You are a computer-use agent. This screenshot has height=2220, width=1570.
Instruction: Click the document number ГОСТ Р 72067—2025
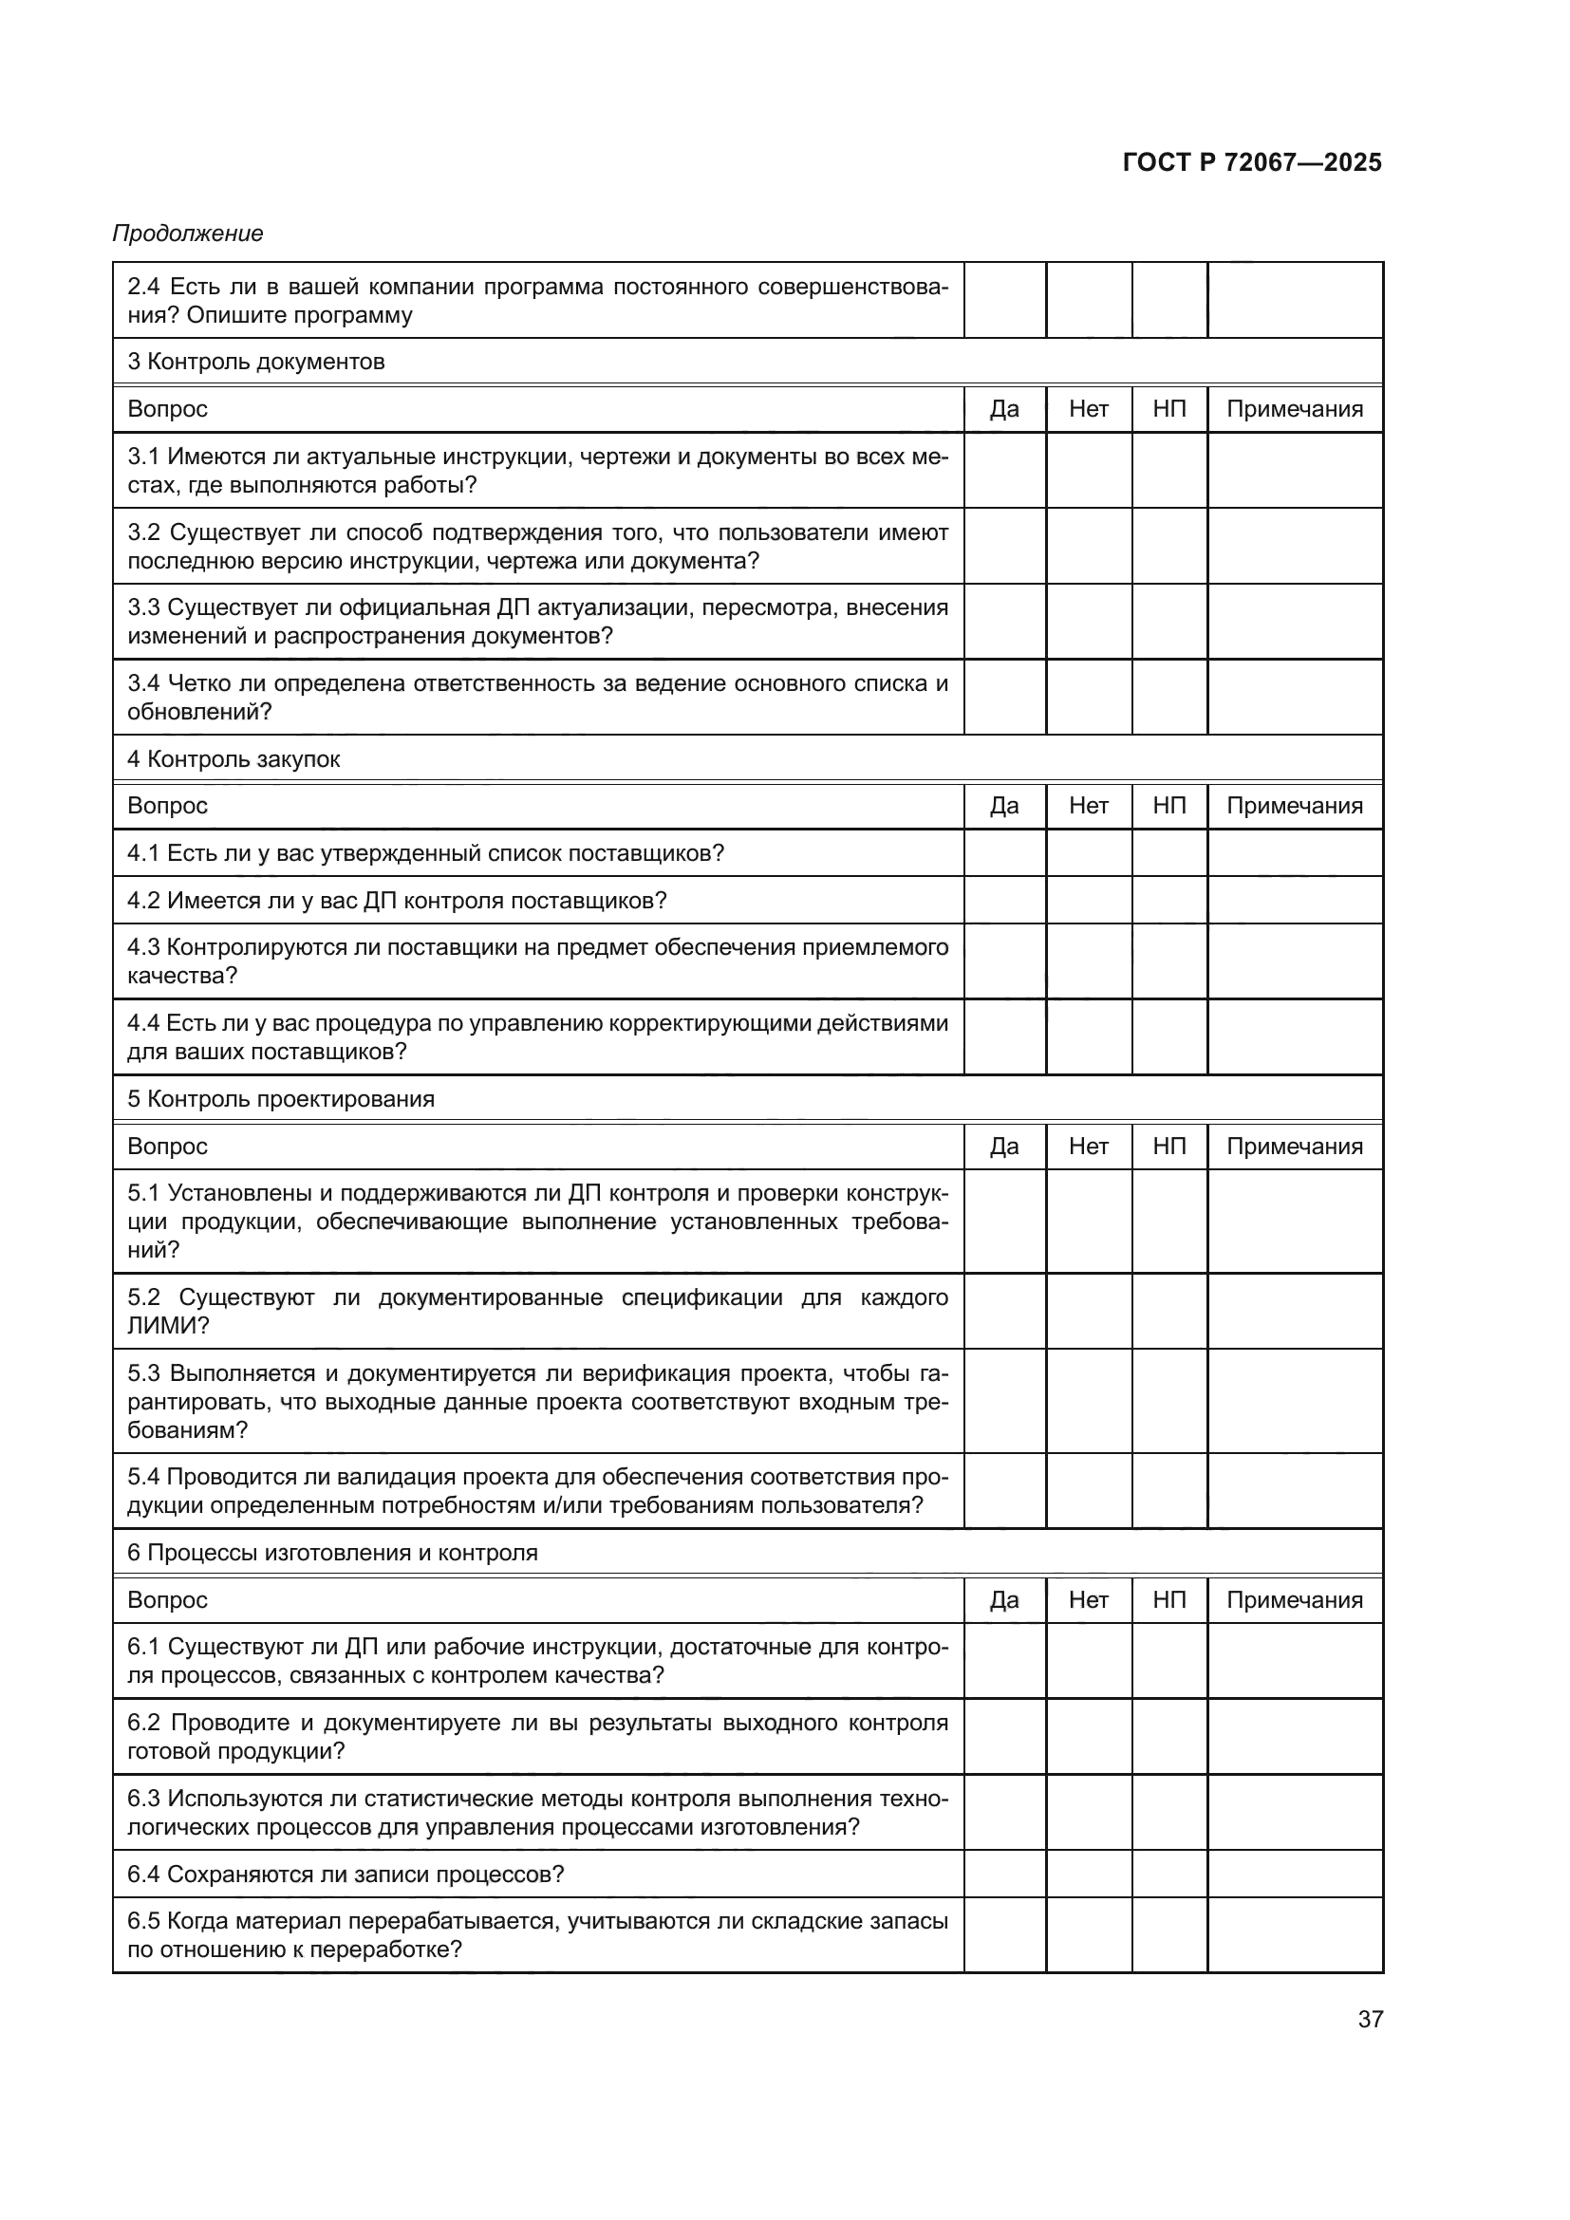click(1251, 162)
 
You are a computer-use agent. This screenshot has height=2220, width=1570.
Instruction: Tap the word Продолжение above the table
click(188, 233)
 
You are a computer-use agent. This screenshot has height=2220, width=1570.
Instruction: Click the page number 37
click(1370, 2019)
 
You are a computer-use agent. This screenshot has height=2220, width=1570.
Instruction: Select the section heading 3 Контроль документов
click(256, 362)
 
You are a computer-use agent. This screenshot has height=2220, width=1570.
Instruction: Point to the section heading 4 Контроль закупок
click(234, 759)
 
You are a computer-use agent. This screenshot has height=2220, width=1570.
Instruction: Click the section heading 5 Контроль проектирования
click(281, 1098)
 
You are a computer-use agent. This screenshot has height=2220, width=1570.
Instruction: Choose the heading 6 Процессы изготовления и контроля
click(332, 1553)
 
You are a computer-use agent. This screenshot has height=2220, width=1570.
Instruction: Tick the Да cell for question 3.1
click(1004, 470)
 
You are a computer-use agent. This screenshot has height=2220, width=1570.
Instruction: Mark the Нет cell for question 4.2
click(1089, 900)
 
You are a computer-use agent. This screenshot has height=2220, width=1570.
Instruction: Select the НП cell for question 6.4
click(1168, 1874)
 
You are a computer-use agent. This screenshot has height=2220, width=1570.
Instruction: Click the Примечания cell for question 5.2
click(1295, 1311)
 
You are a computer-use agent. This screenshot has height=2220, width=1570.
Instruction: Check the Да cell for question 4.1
click(1004, 853)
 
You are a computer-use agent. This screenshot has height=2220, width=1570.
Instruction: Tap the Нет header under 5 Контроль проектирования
click(1089, 1146)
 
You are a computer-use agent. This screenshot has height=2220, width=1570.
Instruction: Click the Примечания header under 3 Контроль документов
click(1295, 409)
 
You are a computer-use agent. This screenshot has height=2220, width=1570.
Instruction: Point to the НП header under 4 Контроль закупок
click(1168, 806)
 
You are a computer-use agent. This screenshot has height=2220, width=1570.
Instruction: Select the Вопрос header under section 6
click(167, 1600)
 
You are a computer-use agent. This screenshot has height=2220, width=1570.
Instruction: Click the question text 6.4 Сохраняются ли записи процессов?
click(346, 1874)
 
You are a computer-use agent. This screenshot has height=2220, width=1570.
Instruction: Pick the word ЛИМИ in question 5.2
click(162, 1326)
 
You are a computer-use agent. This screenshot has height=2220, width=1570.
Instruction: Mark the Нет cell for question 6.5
click(1089, 1934)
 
